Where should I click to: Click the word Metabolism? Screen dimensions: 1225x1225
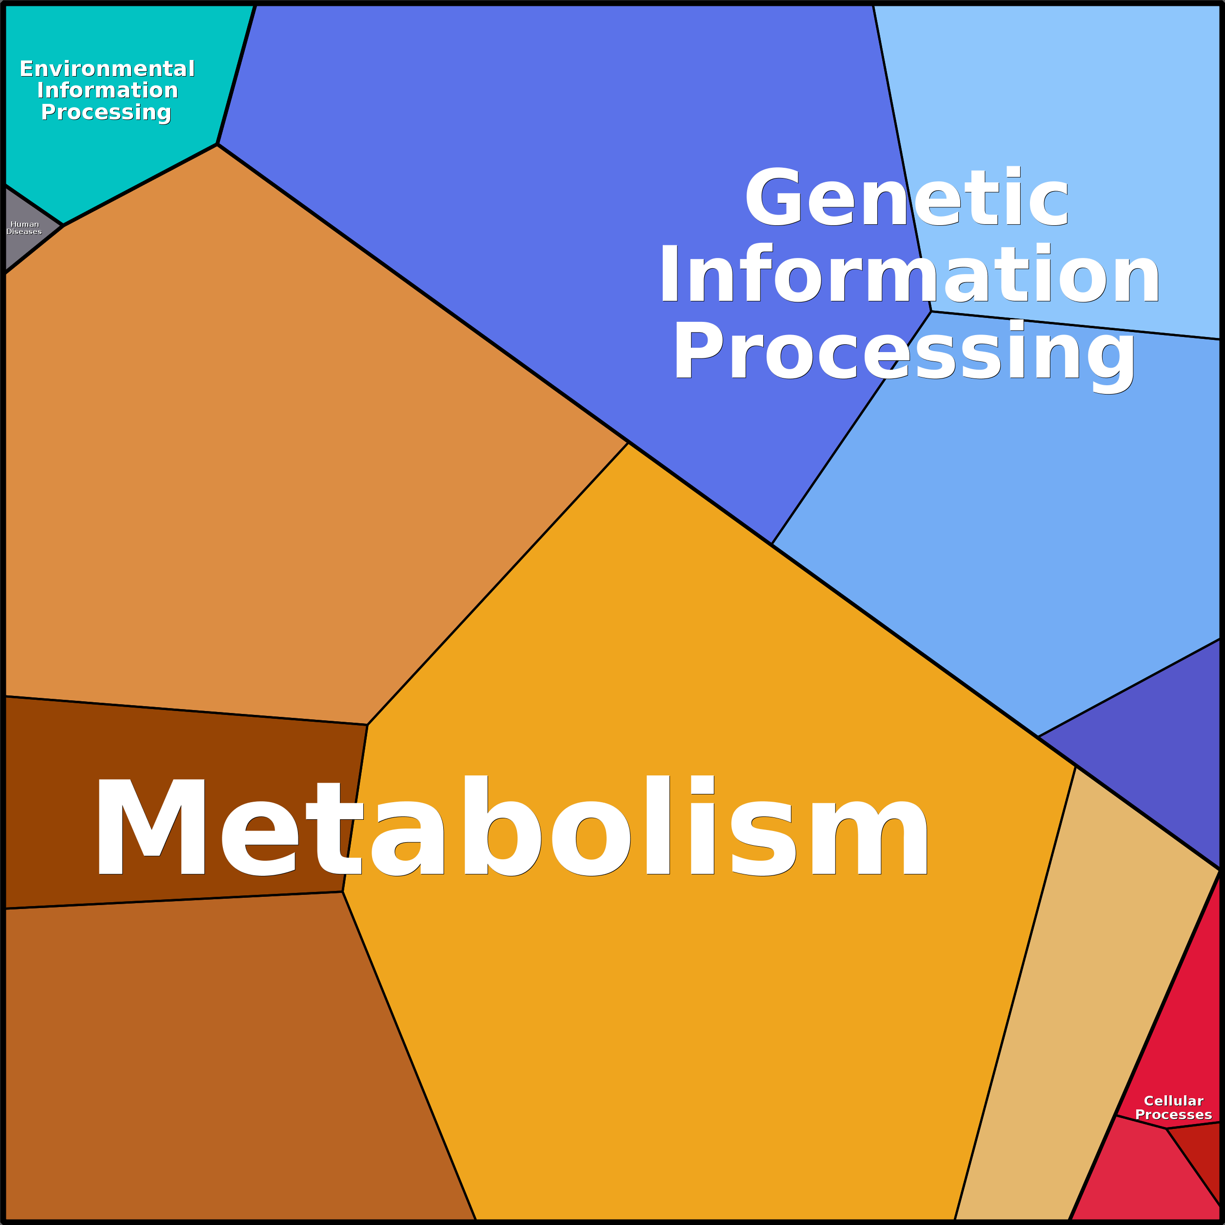[x=511, y=826]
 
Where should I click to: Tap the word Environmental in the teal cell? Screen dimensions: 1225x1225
[x=107, y=68]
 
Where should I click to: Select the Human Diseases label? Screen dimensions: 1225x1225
[x=24, y=228]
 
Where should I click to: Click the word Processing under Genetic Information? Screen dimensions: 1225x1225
[x=904, y=353]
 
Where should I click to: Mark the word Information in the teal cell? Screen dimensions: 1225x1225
[x=107, y=90]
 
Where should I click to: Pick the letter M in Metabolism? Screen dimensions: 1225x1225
[x=151, y=826]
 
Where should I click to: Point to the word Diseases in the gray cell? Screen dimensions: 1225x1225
[x=24, y=232]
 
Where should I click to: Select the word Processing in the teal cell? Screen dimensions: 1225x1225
[x=106, y=112]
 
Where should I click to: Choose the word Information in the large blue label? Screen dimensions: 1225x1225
[x=909, y=275]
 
